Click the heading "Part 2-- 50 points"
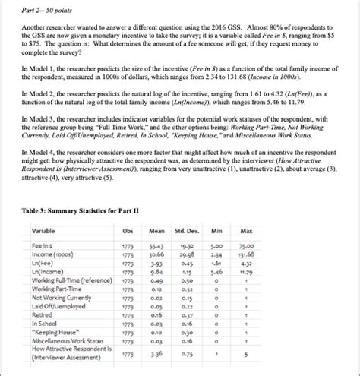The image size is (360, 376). [x=46, y=8]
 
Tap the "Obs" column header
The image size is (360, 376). [x=127, y=230]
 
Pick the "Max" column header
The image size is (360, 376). [x=247, y=230]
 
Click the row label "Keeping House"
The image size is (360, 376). [x=52, y=332]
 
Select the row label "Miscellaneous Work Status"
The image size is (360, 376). [x=69, y=342]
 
